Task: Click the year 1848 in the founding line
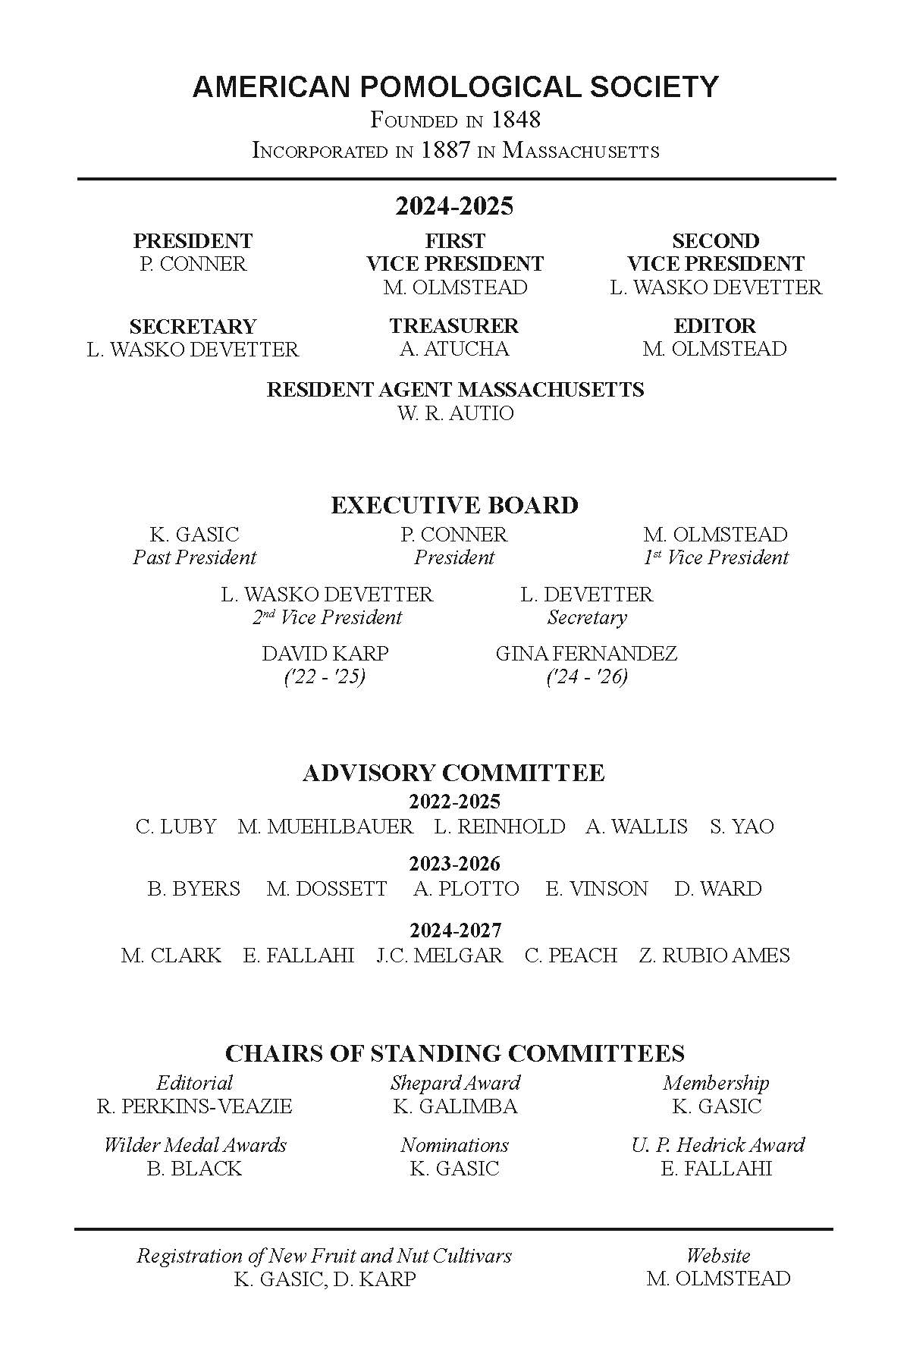(516, 120)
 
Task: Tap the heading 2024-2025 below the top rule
(454, 206)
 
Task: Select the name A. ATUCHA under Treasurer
(454, 349)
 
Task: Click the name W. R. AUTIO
(455, 413)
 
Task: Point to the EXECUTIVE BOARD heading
(454, 505)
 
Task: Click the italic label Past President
(194, 557)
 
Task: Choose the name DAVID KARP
(325, 654)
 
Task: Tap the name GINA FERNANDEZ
(586, 654)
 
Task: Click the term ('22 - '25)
(325, 676)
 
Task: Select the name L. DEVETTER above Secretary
(586, 595)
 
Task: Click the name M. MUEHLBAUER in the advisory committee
(325, 827)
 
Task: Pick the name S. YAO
(742, 827)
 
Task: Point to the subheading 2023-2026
(454, 864)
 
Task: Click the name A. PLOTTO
(466, 889)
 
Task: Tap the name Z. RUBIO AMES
(714, 955)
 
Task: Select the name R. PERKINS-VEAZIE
(194, 1106)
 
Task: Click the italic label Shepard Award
(455, 1083)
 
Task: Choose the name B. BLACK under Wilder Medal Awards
(194, 1169)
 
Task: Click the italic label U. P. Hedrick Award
(717, 1145)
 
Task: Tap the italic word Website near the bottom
(717, 1256)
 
